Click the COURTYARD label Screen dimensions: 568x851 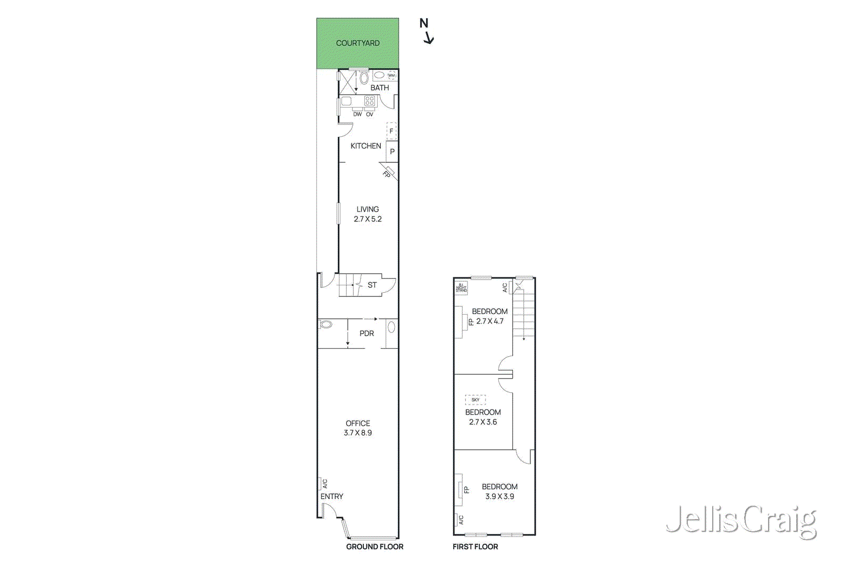click(357, 43)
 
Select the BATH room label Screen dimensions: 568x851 click(379, 88)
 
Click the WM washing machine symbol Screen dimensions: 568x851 click(391, 76)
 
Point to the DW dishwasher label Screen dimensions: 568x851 click(357, 114)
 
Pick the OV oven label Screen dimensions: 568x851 click(370, 114)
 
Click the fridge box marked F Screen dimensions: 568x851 click(391, 131)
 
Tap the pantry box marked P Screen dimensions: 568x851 click(392, 152)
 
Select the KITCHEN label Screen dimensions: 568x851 click(365, 146)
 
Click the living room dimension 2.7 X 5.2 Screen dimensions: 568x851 click(368, 219)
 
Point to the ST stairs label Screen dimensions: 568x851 click(372, 285)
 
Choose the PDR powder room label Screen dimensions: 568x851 click(366, 334)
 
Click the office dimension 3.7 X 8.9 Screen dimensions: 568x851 click(357, 433)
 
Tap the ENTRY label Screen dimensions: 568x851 click(331, 497)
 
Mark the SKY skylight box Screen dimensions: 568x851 click(475, 400)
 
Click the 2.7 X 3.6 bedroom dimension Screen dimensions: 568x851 click(483, 422)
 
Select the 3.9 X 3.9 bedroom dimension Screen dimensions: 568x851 click(499, 497)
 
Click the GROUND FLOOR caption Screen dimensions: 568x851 click(374, 547)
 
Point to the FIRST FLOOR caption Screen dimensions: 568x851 click(475, 547)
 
